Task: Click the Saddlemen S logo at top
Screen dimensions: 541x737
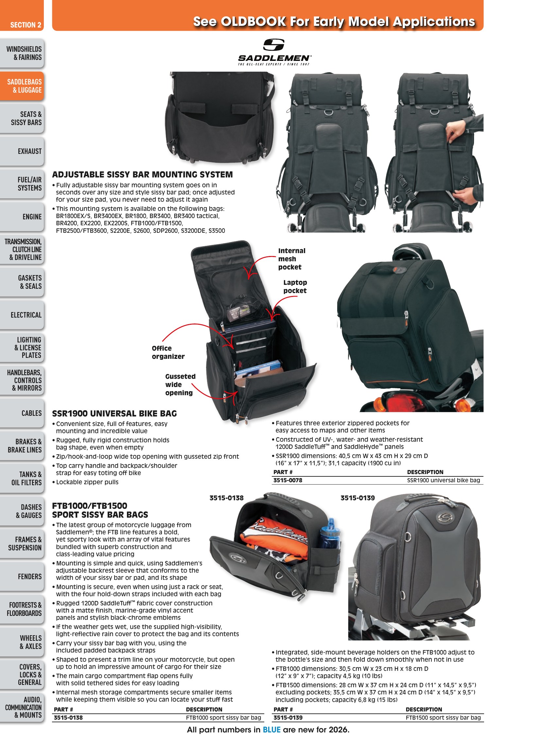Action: coord(274,45)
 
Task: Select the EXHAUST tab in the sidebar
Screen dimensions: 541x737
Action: coord(22,151)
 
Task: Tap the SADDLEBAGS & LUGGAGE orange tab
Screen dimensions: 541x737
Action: coord(22,86)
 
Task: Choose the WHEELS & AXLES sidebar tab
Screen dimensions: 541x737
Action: coord(22,642)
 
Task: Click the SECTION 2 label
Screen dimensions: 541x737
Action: coord(26,25)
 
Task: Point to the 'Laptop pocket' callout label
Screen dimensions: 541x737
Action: coord(295,286)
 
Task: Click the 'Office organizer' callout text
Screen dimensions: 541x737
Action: coord(168,352)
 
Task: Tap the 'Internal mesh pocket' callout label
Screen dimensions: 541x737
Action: coord(291,259)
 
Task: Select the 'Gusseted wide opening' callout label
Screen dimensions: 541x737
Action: coord(180,385)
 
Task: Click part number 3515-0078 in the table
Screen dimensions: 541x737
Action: coord(288,480)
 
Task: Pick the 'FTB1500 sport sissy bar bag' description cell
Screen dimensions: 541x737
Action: coord(443,718)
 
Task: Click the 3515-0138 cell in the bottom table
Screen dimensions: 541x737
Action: coord(68,718)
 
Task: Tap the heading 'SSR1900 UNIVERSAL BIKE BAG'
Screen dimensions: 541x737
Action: coord(114,414)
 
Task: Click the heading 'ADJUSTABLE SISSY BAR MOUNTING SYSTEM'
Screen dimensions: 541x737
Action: coord(143,175)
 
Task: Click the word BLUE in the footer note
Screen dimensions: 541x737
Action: coord(271,730)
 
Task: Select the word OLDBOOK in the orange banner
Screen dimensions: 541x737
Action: coord(253,22)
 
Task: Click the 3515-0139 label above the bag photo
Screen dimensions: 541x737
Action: coord(358,498)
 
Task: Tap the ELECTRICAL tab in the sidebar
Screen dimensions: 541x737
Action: coord(22,315)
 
